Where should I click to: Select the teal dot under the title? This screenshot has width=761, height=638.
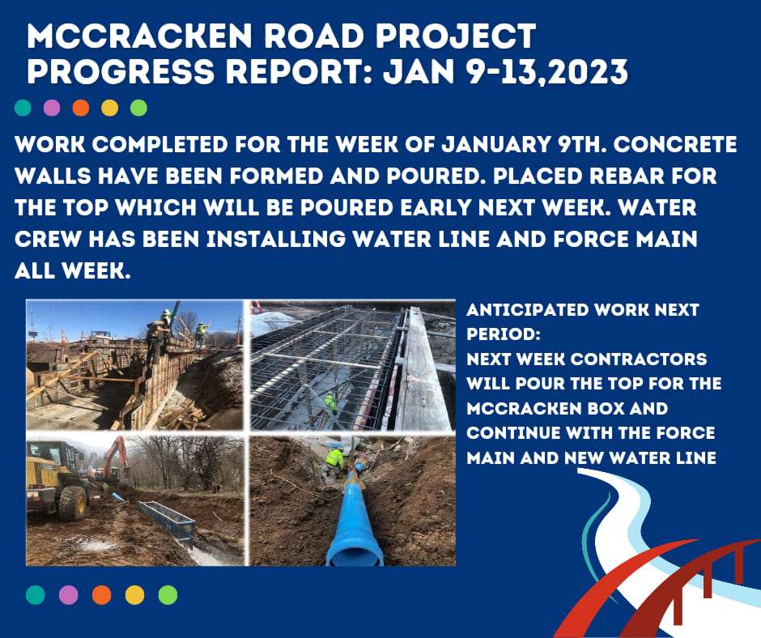24,108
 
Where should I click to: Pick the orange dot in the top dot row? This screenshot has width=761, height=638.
81,108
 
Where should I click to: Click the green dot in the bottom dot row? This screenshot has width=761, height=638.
168,595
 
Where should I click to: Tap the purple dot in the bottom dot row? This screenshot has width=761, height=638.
69,595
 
